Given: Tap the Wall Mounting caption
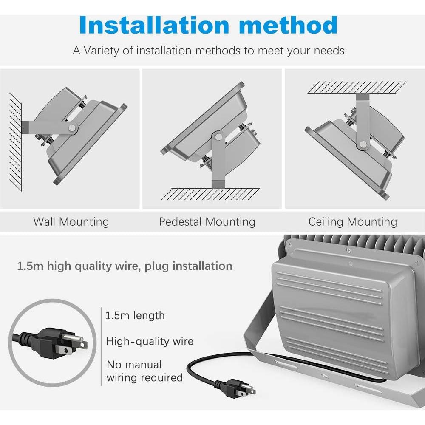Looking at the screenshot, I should point(71,221).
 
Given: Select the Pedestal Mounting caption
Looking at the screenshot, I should point(207,221).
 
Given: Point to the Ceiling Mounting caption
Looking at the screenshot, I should point(352,221).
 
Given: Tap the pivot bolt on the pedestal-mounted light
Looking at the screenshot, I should point(218,137).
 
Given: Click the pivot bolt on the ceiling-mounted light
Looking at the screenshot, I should point(363,145).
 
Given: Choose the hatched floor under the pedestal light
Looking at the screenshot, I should point(210,194).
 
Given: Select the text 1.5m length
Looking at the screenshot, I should point(135,316).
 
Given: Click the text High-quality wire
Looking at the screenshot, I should point(150,341).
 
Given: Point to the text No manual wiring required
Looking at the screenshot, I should point(144,371).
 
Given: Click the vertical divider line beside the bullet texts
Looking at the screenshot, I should point(101,346).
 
